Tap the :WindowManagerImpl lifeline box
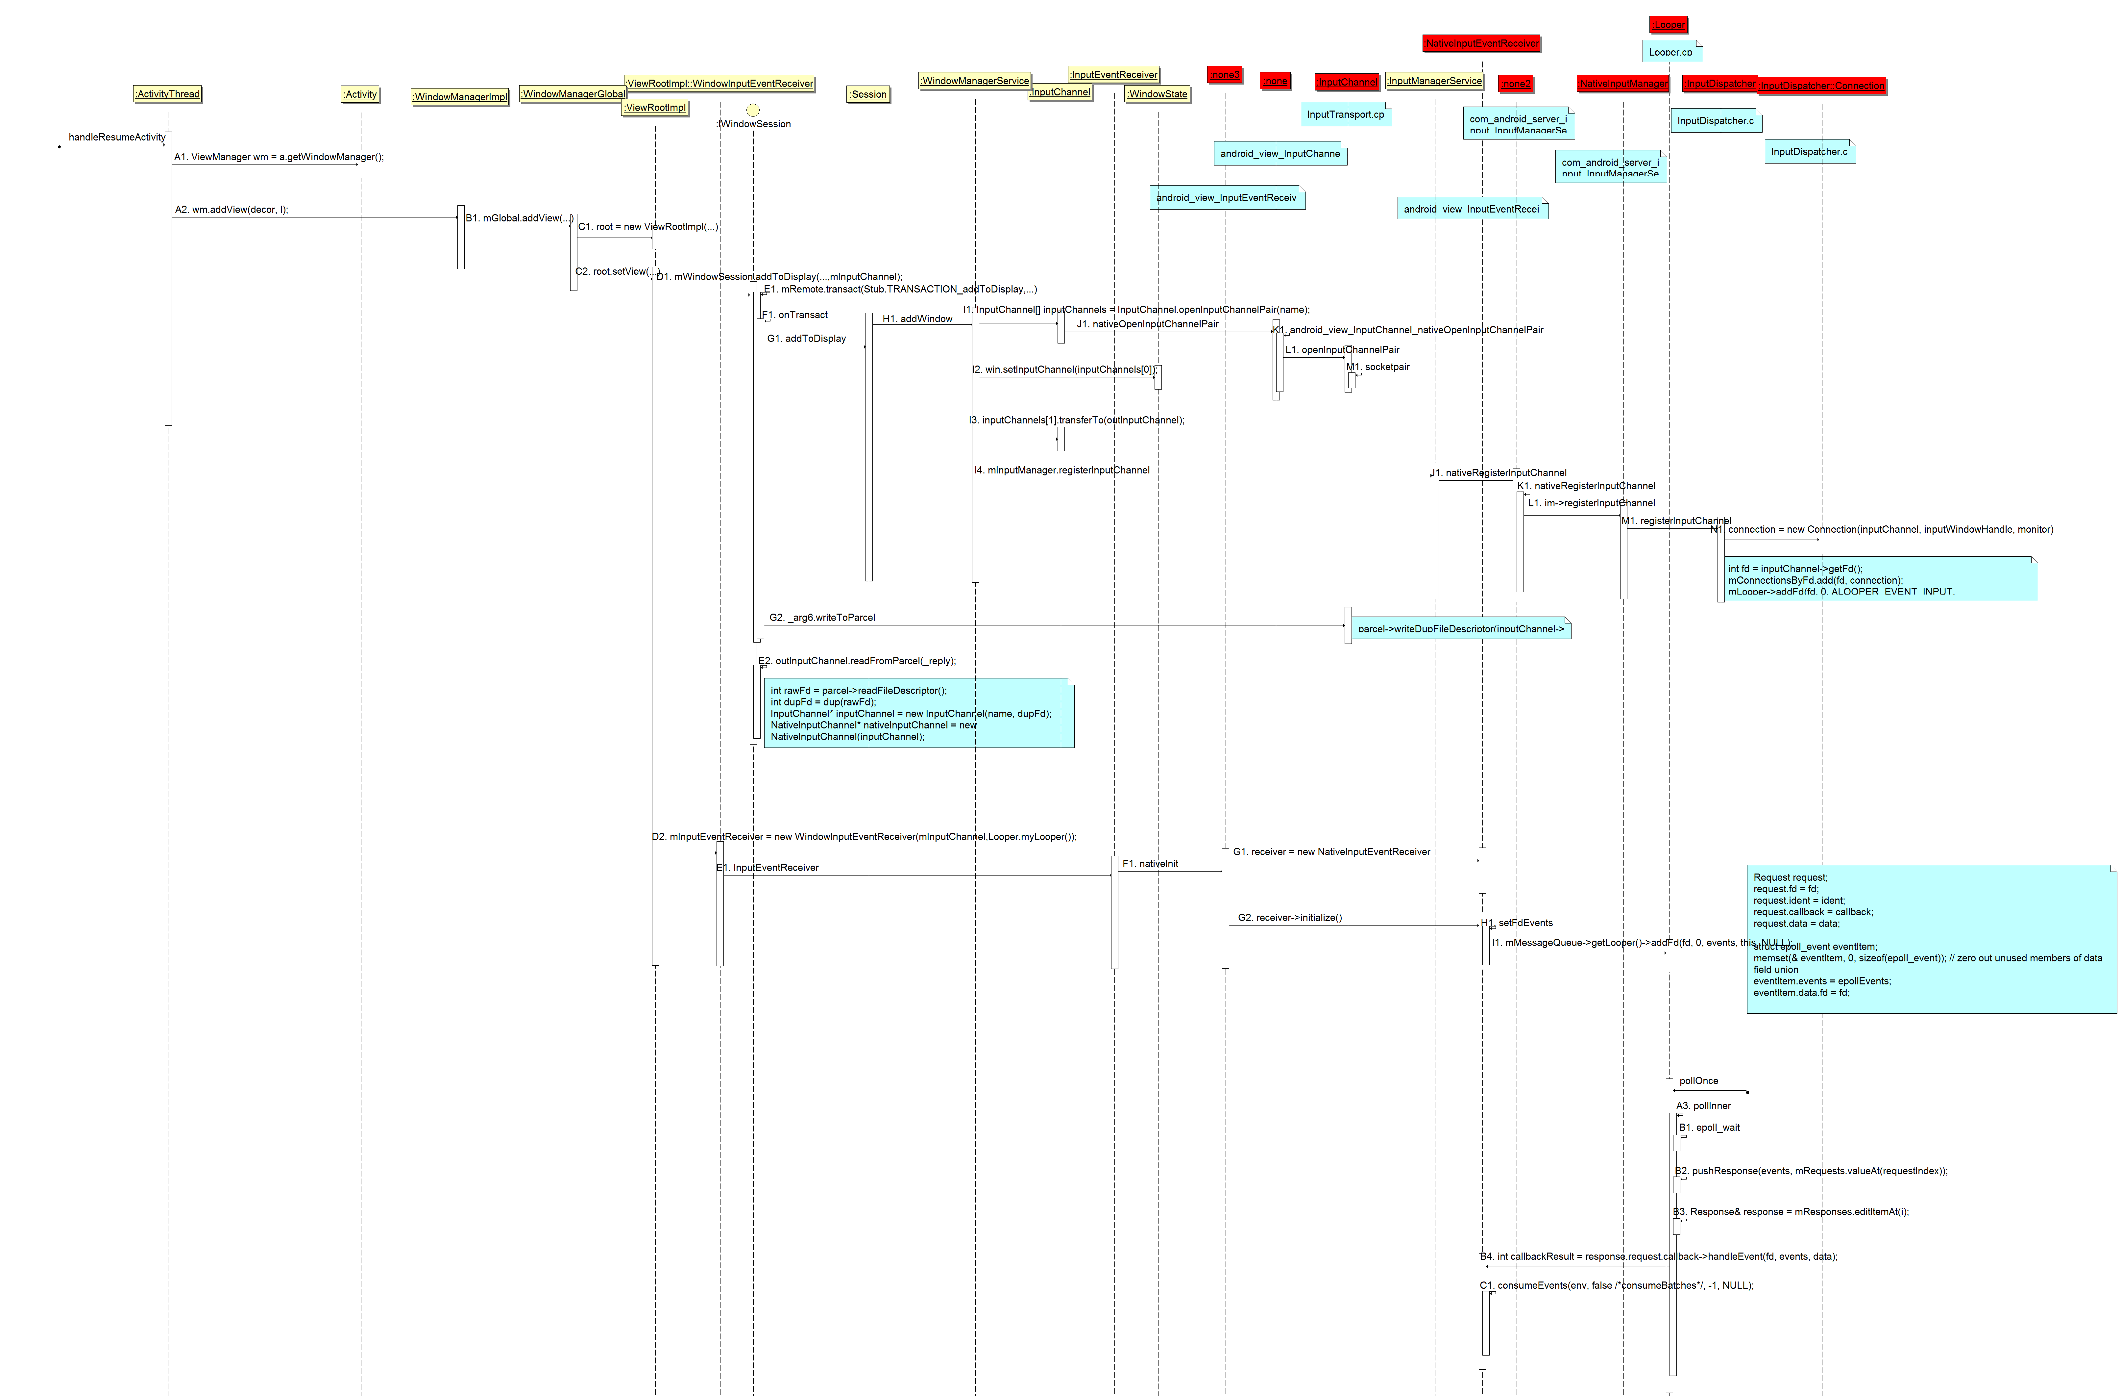point(460,96)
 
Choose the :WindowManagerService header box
point(975,80)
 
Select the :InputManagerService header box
point(1435,80)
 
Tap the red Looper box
point(1669,24)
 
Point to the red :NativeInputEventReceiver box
point(1482,43)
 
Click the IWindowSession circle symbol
point(753,110)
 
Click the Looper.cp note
point(1671,52)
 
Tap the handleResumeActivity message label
point(117,137)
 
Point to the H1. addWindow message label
point(917,318)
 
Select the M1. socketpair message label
point(1378,367)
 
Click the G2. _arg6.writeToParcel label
point(822,617)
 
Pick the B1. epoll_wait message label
point(1709,1127)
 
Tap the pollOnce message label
point(1698,1080)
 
